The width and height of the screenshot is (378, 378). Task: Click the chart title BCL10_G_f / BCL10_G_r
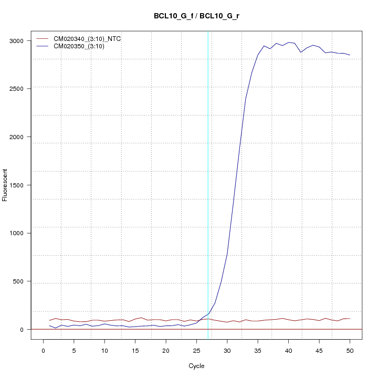(x=196, y=16)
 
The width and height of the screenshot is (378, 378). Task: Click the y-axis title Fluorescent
(x=5, y=185)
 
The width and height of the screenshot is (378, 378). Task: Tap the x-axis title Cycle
(x=196, y=366)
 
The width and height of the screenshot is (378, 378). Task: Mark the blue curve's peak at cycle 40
(x=288, y=42)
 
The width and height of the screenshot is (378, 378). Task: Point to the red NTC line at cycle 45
(x=319, y=320)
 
